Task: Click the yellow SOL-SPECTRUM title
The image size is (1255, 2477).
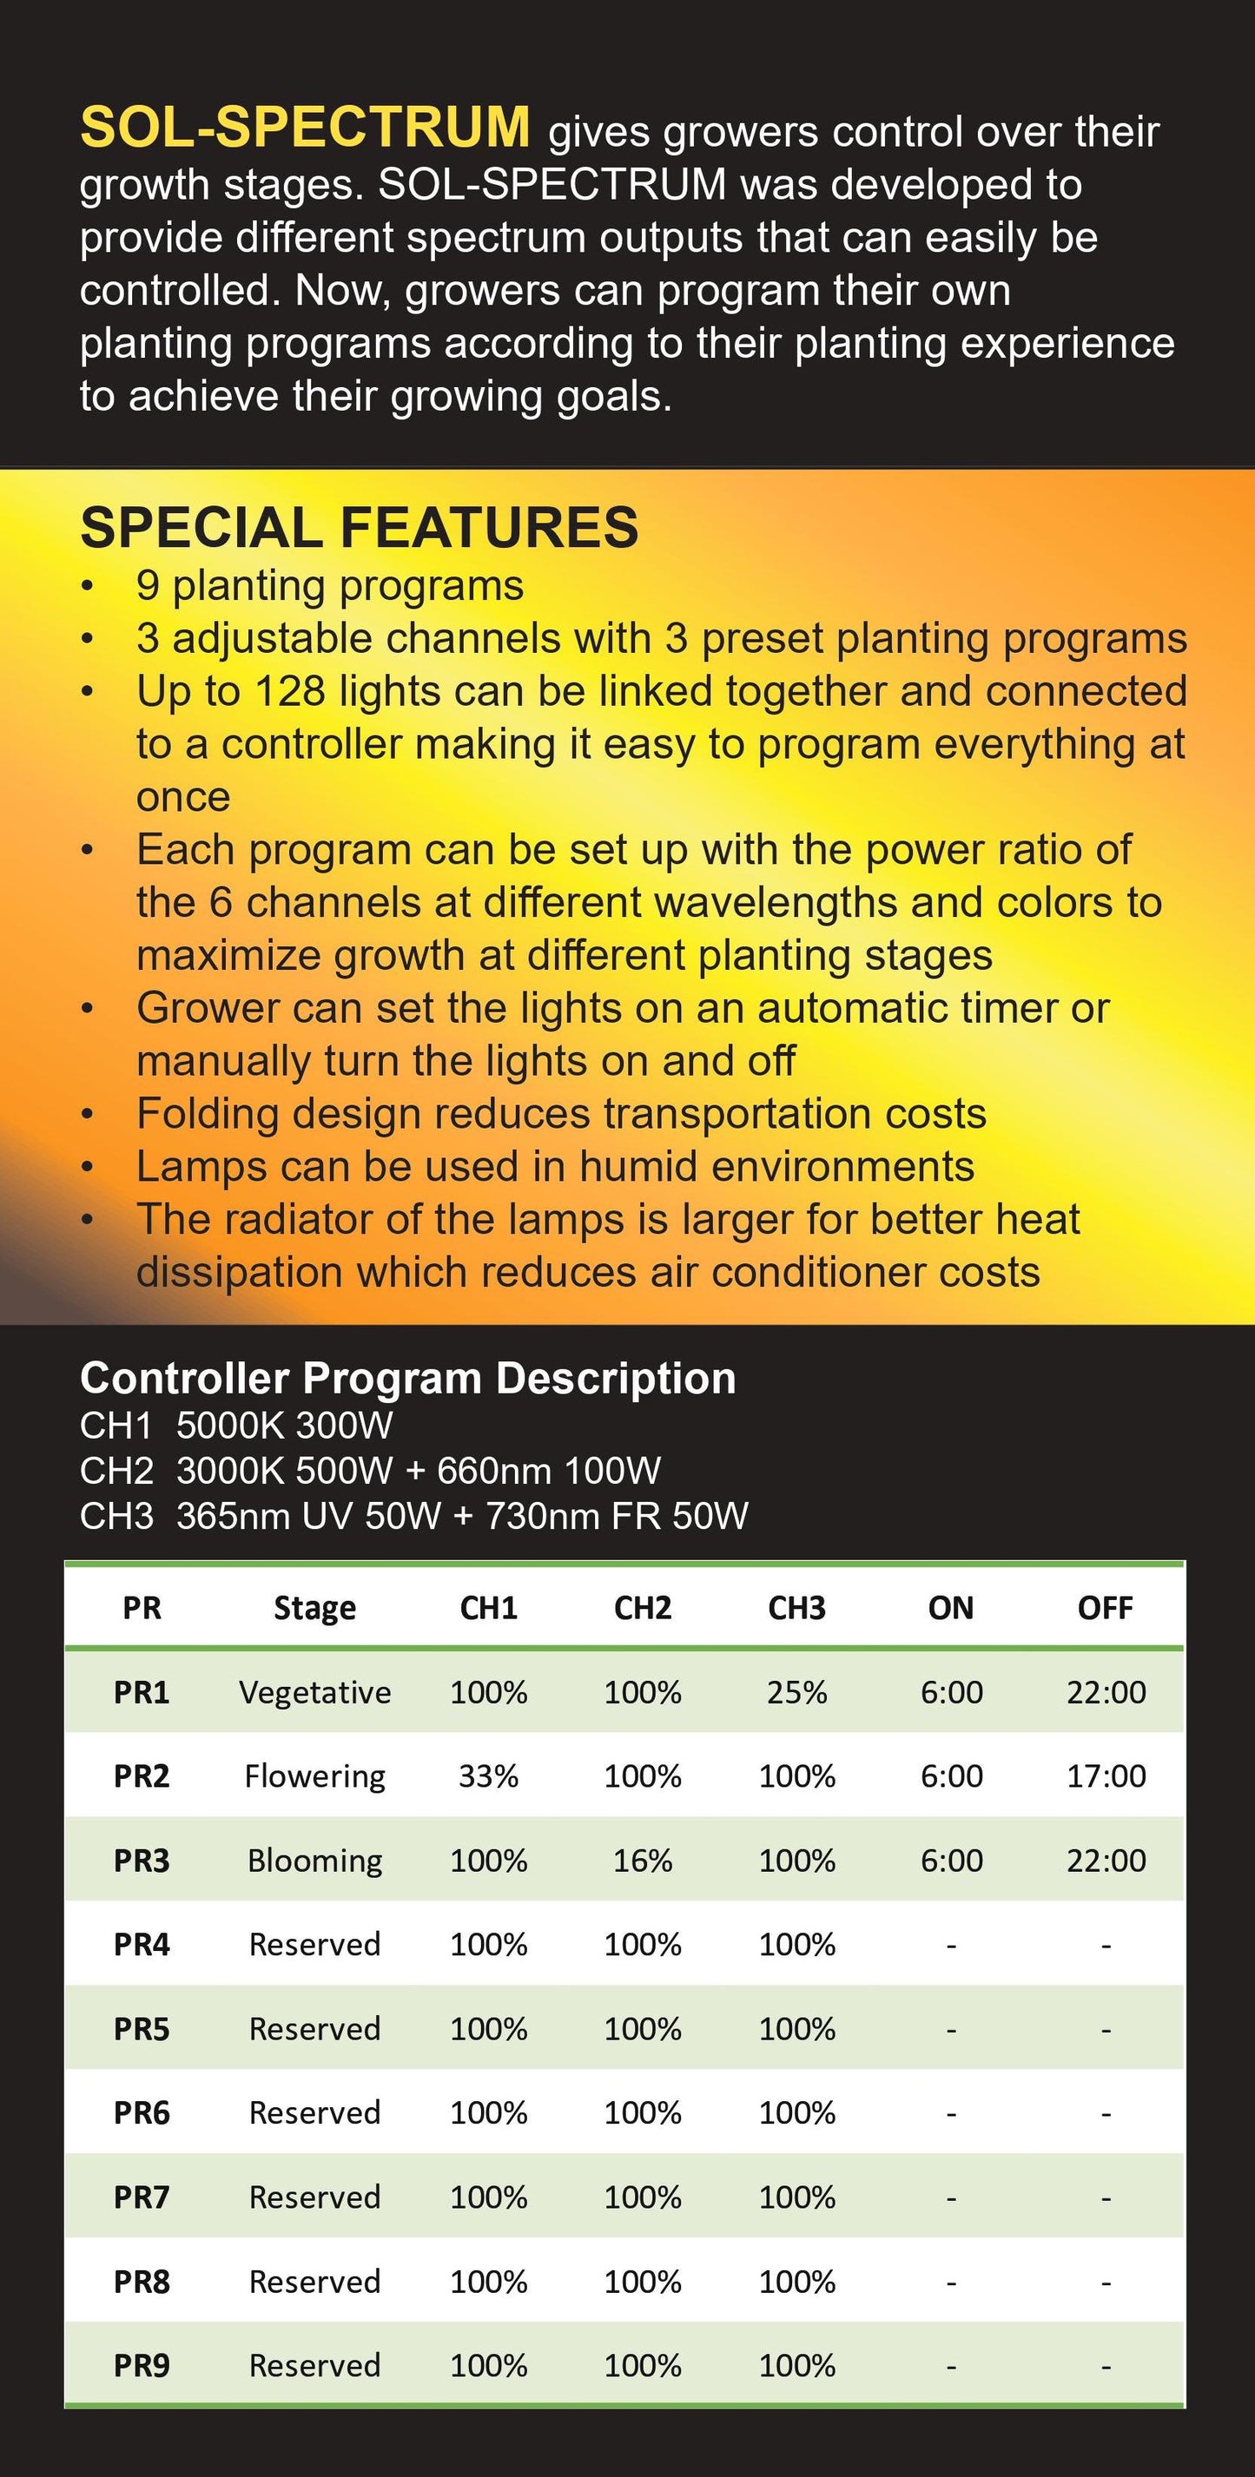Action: [x=304, y=127]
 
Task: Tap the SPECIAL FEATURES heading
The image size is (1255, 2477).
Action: [x=359, y=527]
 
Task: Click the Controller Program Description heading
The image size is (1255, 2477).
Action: [x=407, y=1378]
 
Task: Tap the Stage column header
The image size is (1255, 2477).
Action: [x=314, y=1608]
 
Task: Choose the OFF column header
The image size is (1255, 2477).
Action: [x=1105, y=1608]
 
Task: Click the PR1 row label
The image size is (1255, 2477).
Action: [x=142, y=1691]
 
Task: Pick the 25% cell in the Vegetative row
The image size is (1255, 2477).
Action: [x=796, y=1691]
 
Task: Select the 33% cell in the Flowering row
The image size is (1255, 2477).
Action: [x=488, y=1775]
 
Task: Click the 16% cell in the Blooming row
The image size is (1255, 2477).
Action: [x=643, y=1860]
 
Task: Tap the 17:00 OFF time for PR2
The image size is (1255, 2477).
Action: [x=1106, y=1775]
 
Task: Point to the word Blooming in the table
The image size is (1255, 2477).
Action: [x=314, y=1861]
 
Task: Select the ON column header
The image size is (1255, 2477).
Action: [x=950, y=1608]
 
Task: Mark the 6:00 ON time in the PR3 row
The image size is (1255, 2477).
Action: [x=951, y=1860]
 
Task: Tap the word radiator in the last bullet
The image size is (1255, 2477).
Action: [x=303, y=1219]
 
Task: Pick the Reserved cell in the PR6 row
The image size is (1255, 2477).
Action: [x=314, y=2112]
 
